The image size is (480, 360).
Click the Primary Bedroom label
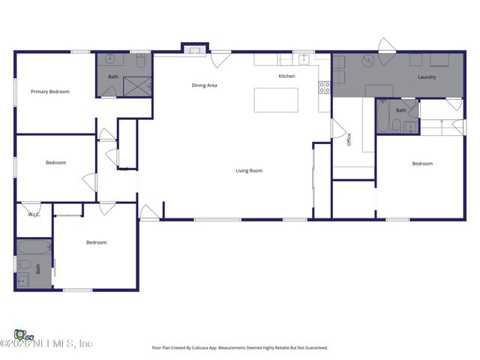tap(50, 91)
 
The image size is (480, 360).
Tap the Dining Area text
tap(204, 85)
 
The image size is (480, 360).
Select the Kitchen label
tap(286, 76)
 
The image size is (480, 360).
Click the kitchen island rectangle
tap(276, 100)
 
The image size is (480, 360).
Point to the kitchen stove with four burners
tap(325, 88)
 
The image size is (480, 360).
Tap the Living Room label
tap(249, 171)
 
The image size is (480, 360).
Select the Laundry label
tap(427, 77)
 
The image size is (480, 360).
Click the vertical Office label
tap(349, 139)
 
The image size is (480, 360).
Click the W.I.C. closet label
tap(34, 214)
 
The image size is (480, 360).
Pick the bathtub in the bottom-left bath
tap(34, 247)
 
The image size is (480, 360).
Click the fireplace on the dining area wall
tap(193, 50)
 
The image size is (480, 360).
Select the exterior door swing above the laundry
tap(386, 45)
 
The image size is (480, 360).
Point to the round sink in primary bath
tap(110, 60)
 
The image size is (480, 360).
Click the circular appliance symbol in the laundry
tap(367, 61)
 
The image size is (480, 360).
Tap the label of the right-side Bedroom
tap(422, 163)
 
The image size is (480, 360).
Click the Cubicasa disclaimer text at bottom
tap(239, 348)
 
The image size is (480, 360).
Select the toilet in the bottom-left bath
tap(24, 264)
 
